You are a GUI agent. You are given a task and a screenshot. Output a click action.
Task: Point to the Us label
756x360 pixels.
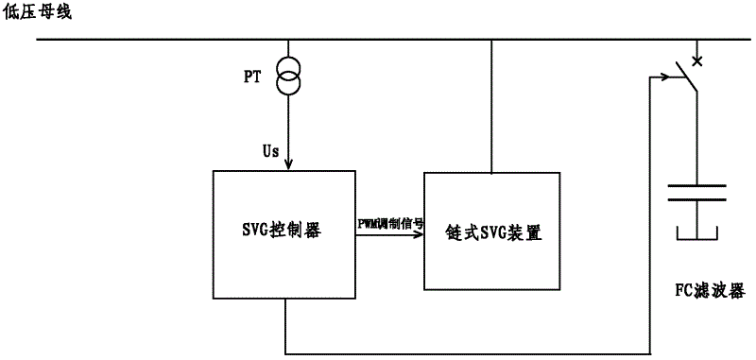[x=270, y=150]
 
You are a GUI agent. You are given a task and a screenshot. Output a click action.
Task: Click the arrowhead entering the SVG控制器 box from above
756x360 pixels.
[x=288, y=165]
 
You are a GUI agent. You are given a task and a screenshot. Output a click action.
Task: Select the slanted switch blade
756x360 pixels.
[x=685, y=80]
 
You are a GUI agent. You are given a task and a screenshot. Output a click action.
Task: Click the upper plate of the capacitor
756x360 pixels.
[x=696, y=186]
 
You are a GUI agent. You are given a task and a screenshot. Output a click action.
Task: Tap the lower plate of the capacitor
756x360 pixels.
[x=696, y=199]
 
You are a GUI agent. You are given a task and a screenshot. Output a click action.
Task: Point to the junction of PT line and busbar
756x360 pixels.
[x=288, y=40]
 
